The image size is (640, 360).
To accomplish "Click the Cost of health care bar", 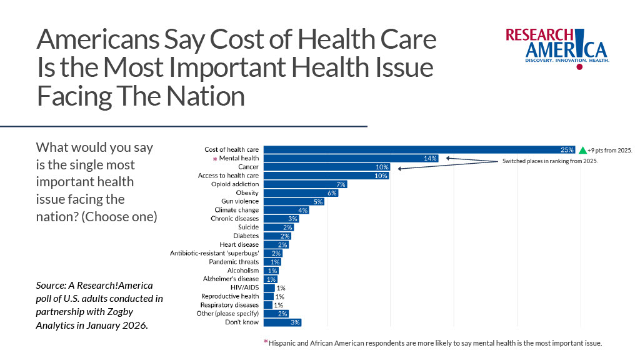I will click(419, 150).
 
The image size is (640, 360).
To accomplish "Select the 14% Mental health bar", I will click(350, 159).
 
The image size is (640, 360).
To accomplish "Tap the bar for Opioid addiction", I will click(305, 184).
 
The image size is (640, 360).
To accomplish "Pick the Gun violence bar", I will click(294, 202).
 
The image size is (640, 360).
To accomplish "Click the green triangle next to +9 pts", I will click(582, 150).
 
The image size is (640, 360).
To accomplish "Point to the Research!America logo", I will click(557, 47).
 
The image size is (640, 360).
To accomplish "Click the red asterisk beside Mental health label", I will click(214, 160).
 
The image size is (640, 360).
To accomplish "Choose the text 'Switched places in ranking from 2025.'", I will click(551, 161).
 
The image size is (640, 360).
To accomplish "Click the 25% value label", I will click(567, 150).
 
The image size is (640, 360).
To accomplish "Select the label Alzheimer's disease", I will click(231, 279).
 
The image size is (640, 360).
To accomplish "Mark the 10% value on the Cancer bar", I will click(382, 167).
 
